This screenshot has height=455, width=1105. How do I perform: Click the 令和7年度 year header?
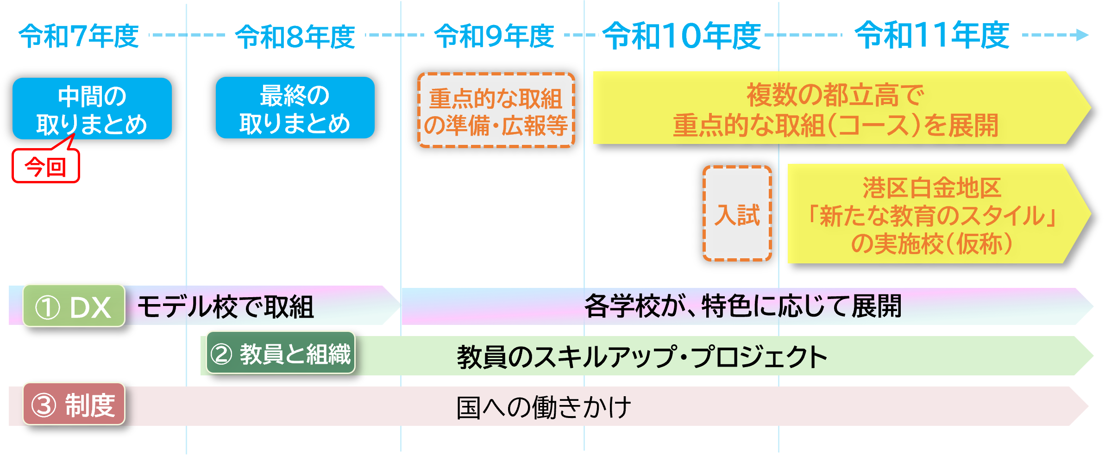[x=79, y=34]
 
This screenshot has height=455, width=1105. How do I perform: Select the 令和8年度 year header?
[x=295, y=35]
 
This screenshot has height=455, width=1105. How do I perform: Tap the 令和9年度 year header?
[x=494, y=34]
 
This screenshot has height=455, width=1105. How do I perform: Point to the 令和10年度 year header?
[x=681, y=34]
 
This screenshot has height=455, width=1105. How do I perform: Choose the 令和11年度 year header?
[x=932, y=33]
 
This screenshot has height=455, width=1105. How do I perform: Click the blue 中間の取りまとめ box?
[x=92, y=109]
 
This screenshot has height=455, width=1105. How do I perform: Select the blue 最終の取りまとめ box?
[x=295, y=108]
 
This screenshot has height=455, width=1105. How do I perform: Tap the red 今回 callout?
[x=46, y=166]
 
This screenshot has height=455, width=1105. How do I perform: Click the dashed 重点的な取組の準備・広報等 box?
[x=496, y=111]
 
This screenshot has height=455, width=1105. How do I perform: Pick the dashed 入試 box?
[x=737, y=214]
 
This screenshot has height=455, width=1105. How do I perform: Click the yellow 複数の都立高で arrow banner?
[x=836, y=108]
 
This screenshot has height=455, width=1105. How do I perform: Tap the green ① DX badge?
[x=74, y=306]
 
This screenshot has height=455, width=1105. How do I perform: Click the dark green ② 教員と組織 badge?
[x=281, y=353]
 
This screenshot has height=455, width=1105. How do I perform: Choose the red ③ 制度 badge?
[x=74, y=404]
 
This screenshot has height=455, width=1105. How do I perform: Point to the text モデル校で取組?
[x=226, y=307]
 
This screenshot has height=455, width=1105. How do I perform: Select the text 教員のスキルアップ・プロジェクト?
[x=642, y=357]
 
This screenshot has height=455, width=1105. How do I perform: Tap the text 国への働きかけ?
[x=544, y=407]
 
